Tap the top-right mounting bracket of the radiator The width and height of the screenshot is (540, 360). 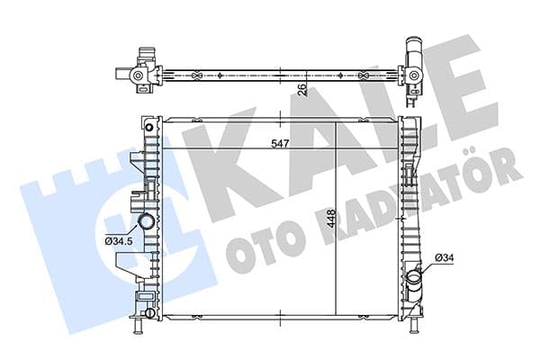[x=410, y=113]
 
